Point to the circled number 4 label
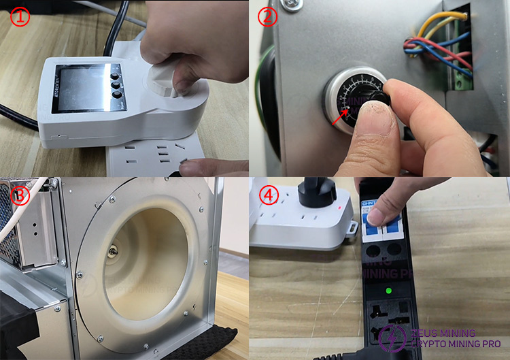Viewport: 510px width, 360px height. pos(270,196)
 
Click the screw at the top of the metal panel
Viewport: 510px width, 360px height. pos(290,5)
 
